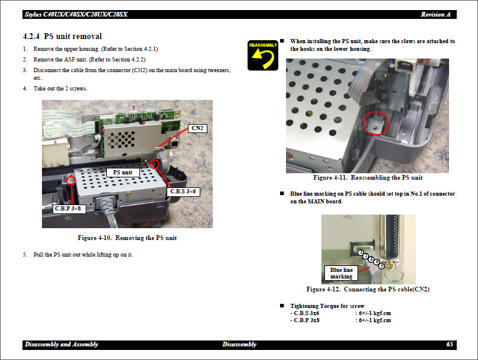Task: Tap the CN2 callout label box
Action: tap(197, 128)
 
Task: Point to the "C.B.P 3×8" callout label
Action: tap(66, 208)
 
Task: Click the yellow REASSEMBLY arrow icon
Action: tap(263, 55)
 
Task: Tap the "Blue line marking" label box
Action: tap(342, 273)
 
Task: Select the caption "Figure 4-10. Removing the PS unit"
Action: tap(127, 238)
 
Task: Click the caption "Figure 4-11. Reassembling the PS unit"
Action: tap(368, 178)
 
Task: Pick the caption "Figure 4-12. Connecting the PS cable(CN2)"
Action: tap(368, 290)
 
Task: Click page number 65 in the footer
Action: tap(450, 344)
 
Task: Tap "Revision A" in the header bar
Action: tap(436, 14)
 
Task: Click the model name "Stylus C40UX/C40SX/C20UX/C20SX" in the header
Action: tap(76, 14)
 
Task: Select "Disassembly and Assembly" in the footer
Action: tap(61, 344)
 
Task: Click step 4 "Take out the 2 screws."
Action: tap(60, 89)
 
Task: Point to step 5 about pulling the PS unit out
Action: tap(83, 255)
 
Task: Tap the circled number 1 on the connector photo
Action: tap(360, 252)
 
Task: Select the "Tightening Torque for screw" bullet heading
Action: tap(327, 306)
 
